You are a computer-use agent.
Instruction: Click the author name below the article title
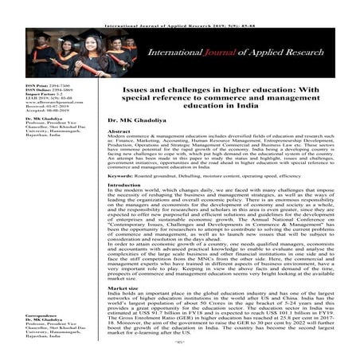[x=129, y=118]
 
